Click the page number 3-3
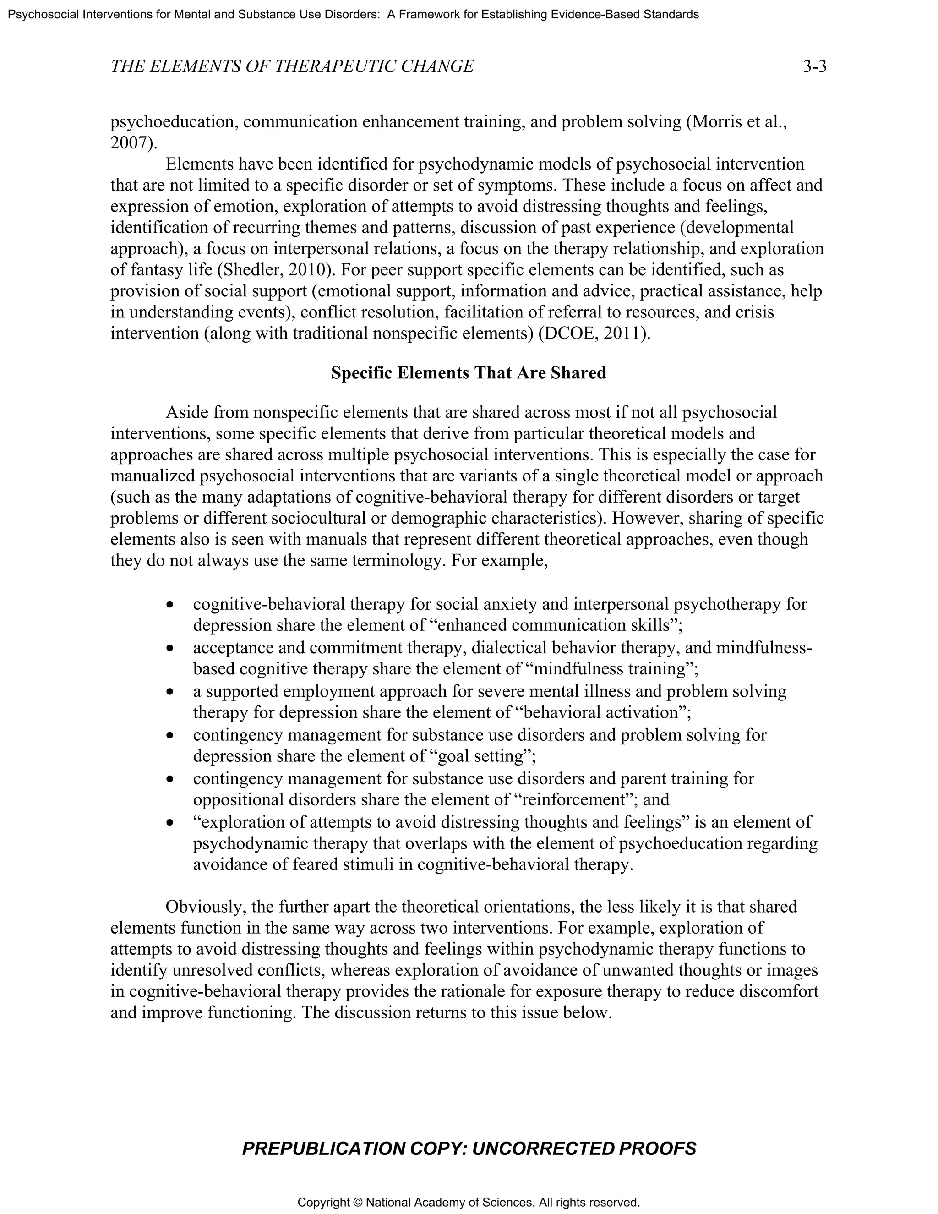[x=815, y=67]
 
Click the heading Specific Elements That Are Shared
[x=469, y=372]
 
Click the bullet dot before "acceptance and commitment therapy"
[x=170, y=648]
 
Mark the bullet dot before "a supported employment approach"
[x=170, y=692]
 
